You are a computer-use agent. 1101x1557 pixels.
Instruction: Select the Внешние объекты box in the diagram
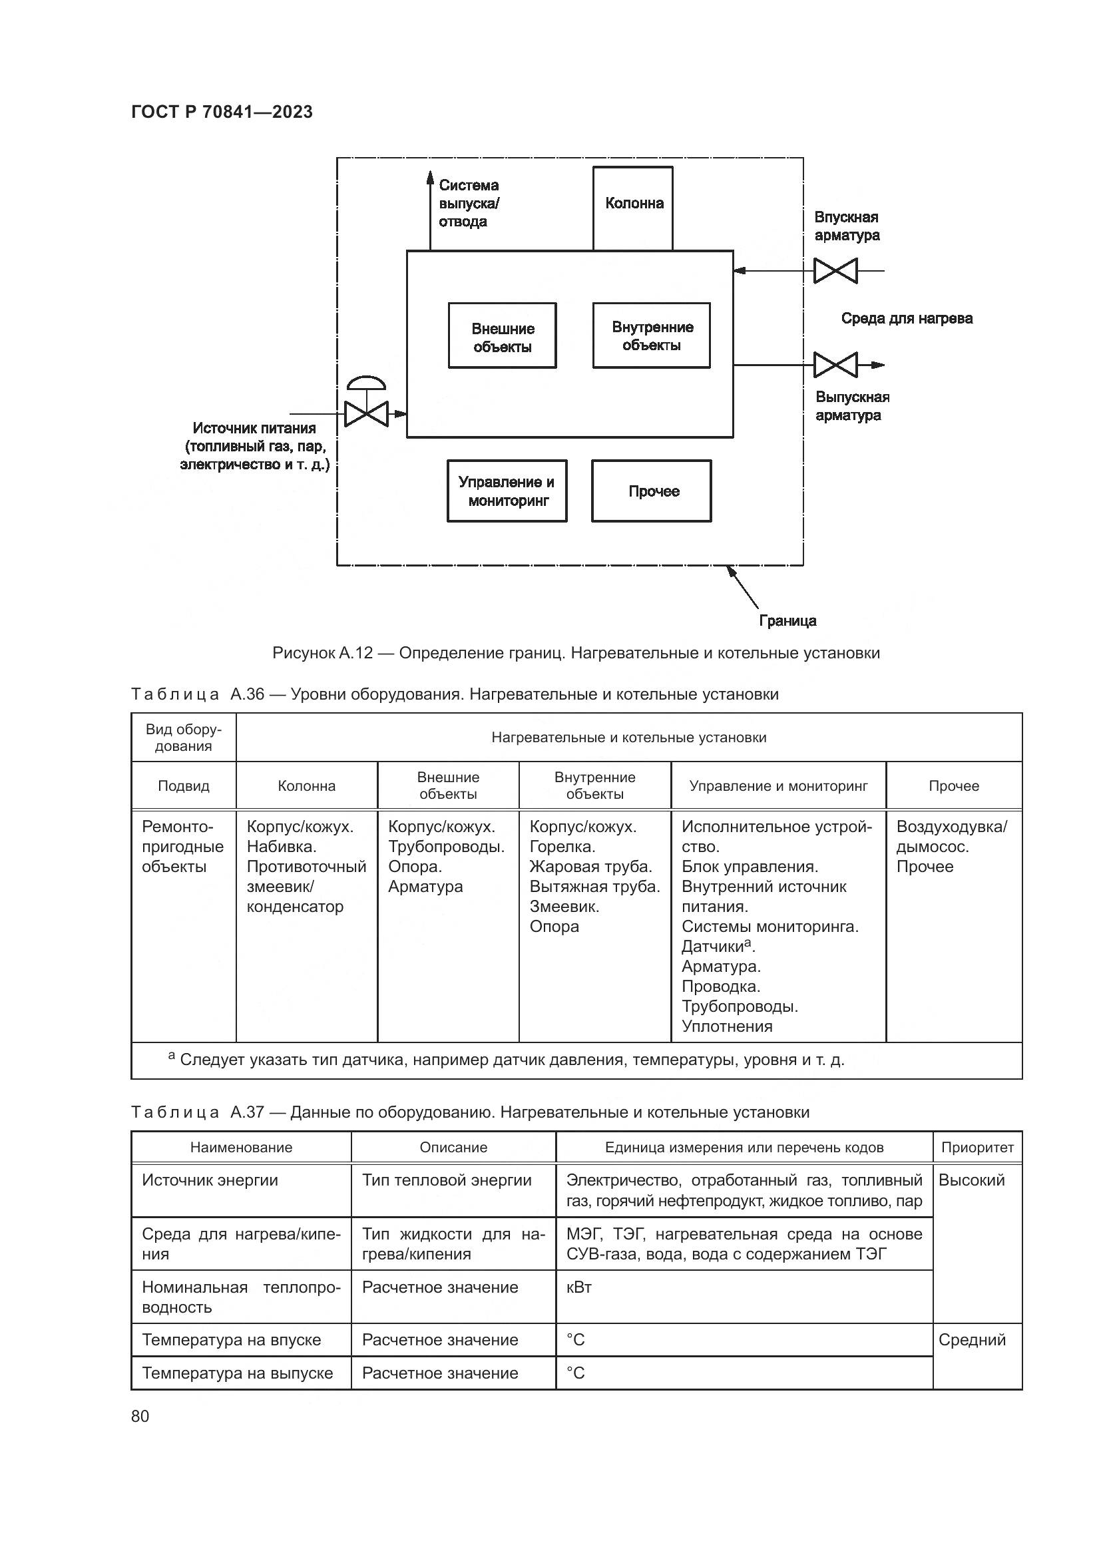(x=503, y=336)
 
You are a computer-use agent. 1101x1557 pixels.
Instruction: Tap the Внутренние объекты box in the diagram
(x=652, y=335)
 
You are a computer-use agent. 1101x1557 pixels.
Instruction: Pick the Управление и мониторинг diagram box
(x=507, y=491)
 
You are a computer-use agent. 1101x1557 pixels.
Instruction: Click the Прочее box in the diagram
(x=652, y=491)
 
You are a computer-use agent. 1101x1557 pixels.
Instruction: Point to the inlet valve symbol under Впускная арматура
(x=835, y=270)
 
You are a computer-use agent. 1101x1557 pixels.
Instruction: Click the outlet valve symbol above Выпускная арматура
(x=835, y=365)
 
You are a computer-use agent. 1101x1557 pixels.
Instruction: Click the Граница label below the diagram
(x=787, y=620)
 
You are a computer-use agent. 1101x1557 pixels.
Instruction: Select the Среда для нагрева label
(x=907, y=318)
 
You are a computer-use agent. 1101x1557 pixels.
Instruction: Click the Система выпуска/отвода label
(x=469, y=204)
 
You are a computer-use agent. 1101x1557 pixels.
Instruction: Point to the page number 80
(x=140, y=1416)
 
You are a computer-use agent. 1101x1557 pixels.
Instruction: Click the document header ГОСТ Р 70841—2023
(x=222, y=112)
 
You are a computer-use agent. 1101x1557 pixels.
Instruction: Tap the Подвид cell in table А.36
(x=184, y=786)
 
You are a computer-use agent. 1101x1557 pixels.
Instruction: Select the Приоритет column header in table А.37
(x=977, y=1148)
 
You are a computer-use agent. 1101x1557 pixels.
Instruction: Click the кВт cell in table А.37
(x=579, y=1287)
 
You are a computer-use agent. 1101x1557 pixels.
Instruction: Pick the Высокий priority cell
(x=971, y=1180)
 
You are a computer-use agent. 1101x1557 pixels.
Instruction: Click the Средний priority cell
(x=971, y=1339)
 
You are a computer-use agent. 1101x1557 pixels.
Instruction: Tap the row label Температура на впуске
(x=231, y=1340)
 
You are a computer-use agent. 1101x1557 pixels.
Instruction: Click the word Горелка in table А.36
(x=562, y=846)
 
